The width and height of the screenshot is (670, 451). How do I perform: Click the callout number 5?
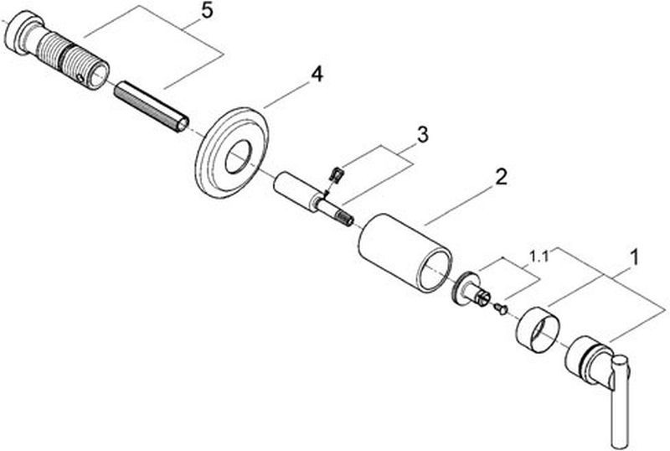(206, 12)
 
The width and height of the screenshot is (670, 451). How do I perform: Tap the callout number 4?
(317, 75)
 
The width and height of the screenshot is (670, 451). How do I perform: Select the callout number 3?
(422, 135)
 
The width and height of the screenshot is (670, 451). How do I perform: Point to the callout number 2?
(501, 177)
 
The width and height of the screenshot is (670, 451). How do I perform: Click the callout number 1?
(634, 257)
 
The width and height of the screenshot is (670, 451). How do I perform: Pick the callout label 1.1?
(539, 257)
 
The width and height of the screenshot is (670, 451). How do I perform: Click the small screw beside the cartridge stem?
(500, 308)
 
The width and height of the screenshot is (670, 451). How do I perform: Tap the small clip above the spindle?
(338, 174)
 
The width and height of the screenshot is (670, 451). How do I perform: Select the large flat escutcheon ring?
(233, 153)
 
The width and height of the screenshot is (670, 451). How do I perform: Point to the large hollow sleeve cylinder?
(405, 252)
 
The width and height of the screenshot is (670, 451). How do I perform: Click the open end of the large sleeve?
(435, 272)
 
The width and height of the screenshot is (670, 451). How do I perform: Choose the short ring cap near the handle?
(538, 329)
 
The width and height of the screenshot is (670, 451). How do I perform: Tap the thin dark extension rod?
(152, 107)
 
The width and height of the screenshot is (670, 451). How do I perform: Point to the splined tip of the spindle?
(346, 218)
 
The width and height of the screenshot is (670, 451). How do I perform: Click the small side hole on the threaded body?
(82, 77)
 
